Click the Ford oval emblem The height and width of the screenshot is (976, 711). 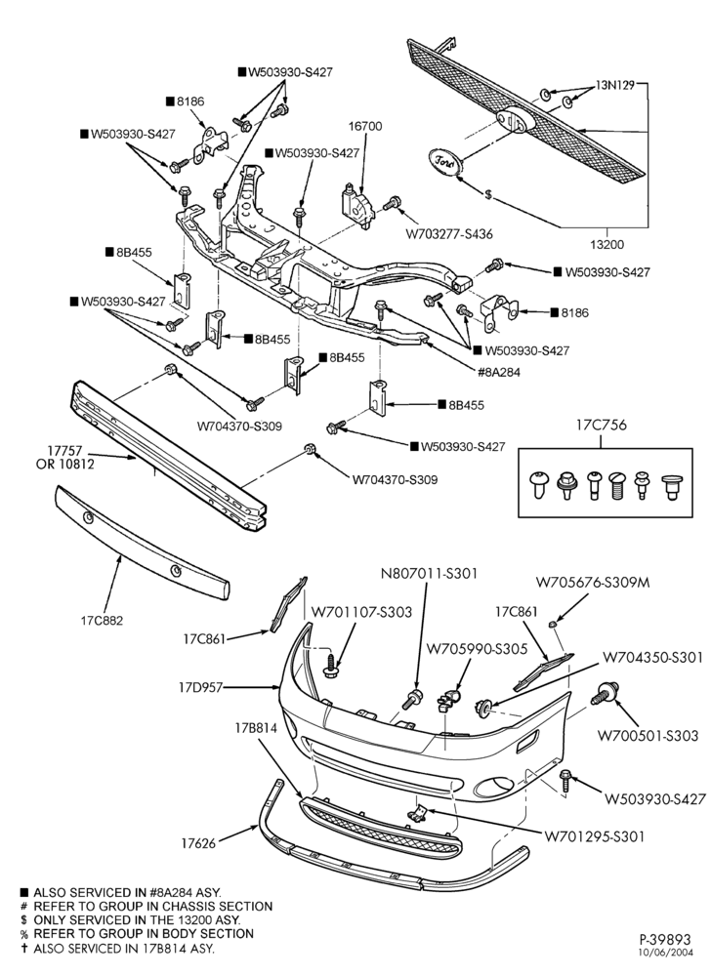point(444,161)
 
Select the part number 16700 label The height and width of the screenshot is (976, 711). point(365,126)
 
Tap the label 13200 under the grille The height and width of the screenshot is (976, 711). point(607,245)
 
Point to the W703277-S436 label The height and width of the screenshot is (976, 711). point(449,234)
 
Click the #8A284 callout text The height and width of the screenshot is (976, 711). point(499,372)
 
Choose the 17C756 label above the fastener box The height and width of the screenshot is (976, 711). point(601,426)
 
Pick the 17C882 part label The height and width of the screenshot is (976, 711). point(102,620)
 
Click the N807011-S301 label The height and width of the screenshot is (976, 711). point(429,573)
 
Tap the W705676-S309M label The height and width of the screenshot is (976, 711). point(593,583)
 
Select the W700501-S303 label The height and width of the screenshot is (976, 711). point(648,735)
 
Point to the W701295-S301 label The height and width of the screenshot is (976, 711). point(595,836)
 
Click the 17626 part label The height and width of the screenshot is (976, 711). point(198,843)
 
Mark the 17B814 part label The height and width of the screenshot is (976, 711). point(256,727)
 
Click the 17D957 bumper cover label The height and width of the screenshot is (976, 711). point(200,688)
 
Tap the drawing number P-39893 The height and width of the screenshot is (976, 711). point(665,939)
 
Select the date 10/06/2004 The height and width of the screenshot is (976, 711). point(666,952)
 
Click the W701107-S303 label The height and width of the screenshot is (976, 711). point(361,612)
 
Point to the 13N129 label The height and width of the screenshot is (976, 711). point(615,85)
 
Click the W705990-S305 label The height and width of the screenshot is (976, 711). point(477,649)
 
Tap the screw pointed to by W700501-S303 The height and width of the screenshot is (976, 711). point(606,692)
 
